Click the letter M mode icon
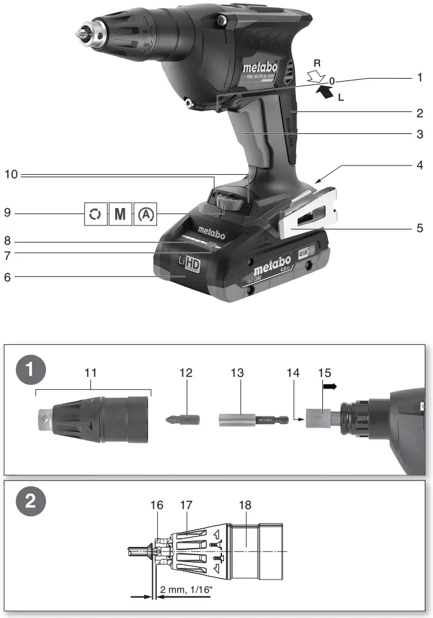pos(119,214)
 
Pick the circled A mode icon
pos(146,214)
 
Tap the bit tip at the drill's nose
pos(79,33)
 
